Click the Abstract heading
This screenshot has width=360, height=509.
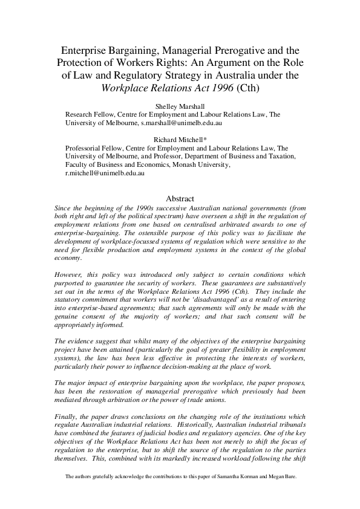point(180,199)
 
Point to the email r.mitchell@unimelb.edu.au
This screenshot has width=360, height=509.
point(102,173)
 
